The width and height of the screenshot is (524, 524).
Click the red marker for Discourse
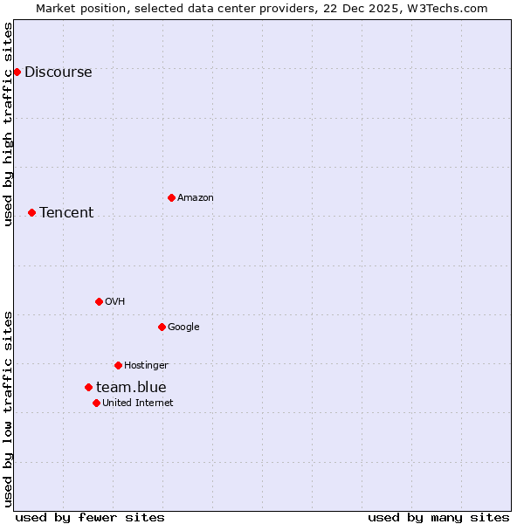coord(17,72)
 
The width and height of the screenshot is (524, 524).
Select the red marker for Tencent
coord(31,212)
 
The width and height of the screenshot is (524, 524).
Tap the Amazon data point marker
coord(171,197)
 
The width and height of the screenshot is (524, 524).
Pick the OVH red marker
coord(99,301)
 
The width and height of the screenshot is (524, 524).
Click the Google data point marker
coord(162,327)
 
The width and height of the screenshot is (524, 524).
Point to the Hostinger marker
coord(118,365)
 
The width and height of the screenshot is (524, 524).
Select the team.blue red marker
coord(88,387)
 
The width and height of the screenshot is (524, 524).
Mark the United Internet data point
coord(96,403)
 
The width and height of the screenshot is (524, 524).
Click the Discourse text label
coord(58,72)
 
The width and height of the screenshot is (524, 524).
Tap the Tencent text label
coord(66,213)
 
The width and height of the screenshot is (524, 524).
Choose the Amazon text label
coord(196,198)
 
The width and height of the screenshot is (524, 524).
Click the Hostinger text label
coord(146,366)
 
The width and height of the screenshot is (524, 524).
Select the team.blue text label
coord(131,388)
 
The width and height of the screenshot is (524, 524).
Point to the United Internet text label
coord(138,403)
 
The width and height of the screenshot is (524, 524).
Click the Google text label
coord(183,327)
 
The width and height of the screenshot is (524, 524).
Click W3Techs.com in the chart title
coord(445,9)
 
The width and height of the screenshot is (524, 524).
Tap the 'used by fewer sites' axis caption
coord(90,517)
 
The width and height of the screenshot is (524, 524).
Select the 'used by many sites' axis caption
coord(438,517)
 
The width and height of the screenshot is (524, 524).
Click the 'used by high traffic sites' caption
coord(9,124)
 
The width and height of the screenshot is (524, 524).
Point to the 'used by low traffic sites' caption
coord(9,409)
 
